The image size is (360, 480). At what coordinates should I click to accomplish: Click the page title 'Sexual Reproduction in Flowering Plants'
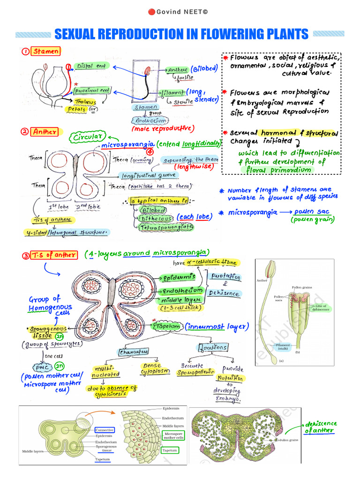pos(181,34)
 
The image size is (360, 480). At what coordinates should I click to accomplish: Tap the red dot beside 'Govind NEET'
pos(151,11)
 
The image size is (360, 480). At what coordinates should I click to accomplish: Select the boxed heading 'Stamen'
pos(46,52)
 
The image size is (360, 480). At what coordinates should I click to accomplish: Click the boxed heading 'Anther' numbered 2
pos(45,132)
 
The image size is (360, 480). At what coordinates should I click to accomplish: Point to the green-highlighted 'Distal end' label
pos(91,67)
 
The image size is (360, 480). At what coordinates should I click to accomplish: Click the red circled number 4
pos(150,152)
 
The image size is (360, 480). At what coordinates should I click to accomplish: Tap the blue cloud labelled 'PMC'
pos(42,367)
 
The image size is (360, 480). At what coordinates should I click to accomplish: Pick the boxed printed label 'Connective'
pos(105,430)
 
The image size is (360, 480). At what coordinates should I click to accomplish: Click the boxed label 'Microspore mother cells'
pos(173,435)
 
